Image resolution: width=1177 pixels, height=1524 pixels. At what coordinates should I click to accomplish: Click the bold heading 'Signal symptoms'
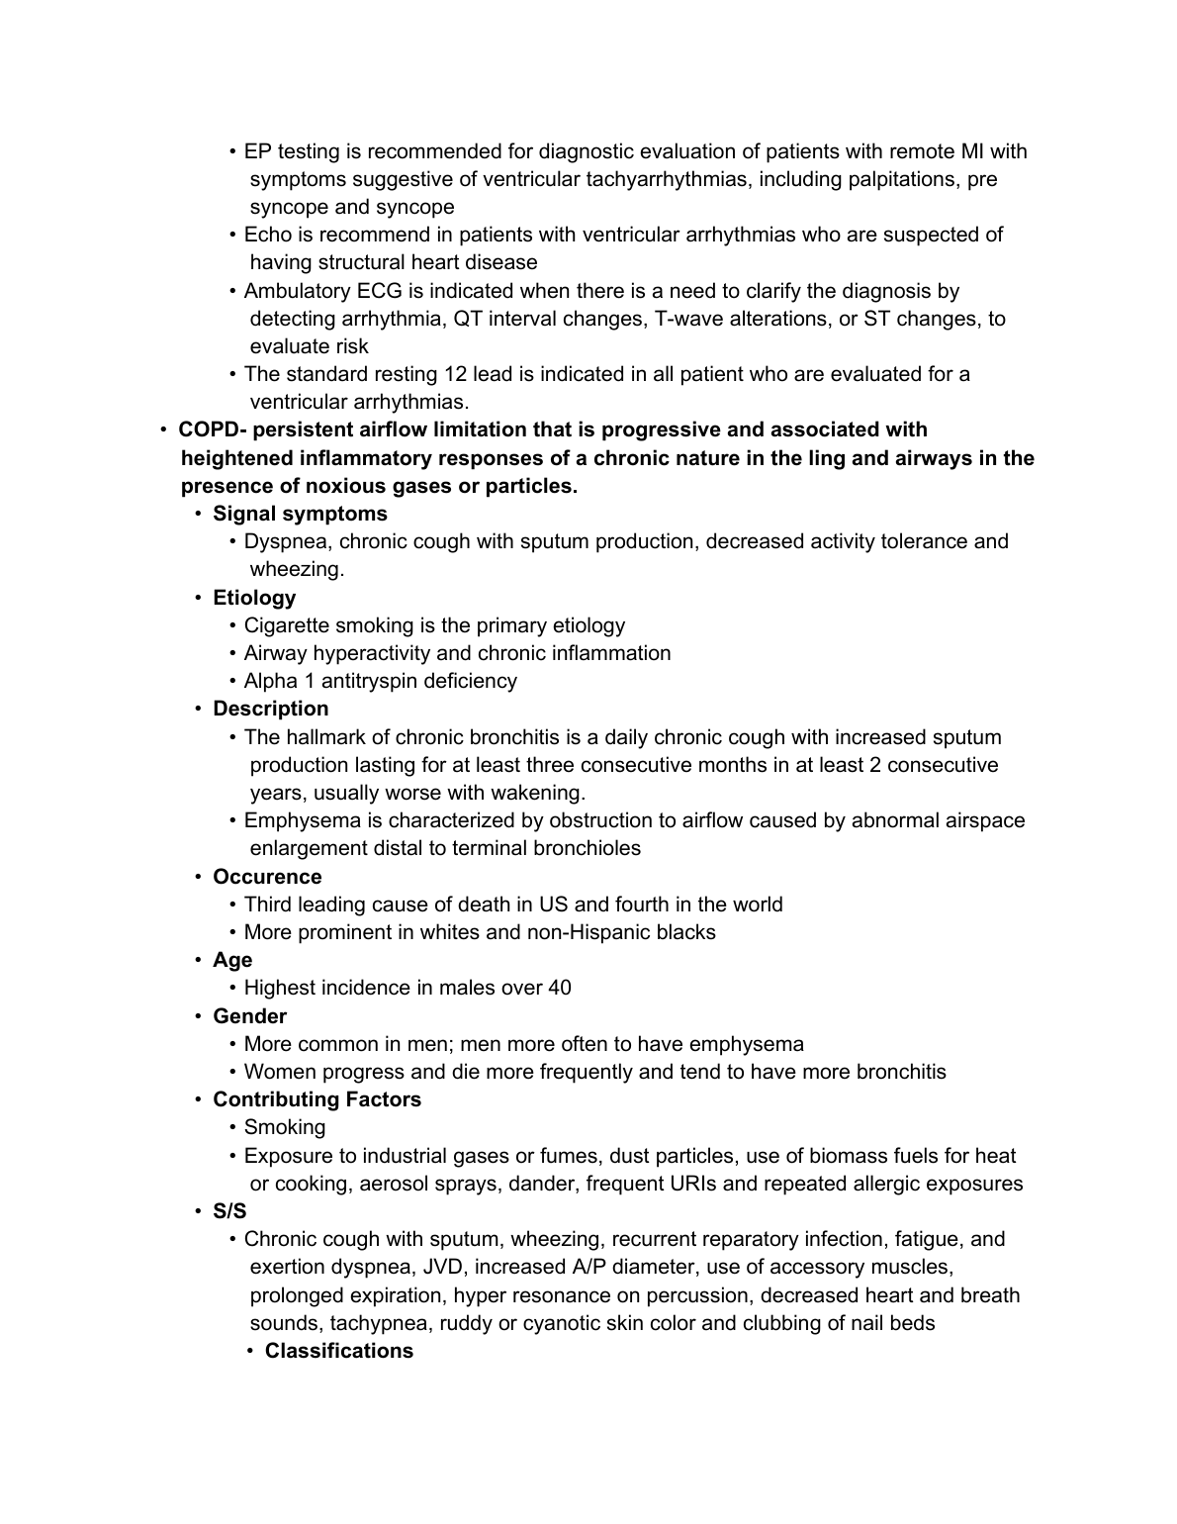click(300, 514)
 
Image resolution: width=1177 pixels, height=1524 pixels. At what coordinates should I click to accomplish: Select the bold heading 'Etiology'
click(254, 598)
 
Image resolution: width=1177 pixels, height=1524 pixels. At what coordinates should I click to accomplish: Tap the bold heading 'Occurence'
click(267, 877)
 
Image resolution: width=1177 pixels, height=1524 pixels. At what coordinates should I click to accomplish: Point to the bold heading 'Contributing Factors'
click(317, 1099)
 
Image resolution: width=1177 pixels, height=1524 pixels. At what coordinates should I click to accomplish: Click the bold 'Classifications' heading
click(338, 1351)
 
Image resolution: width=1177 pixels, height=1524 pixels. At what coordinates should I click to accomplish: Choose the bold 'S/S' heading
click(229, 1211)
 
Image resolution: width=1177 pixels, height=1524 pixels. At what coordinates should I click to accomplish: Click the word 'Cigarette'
click(287, 625)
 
